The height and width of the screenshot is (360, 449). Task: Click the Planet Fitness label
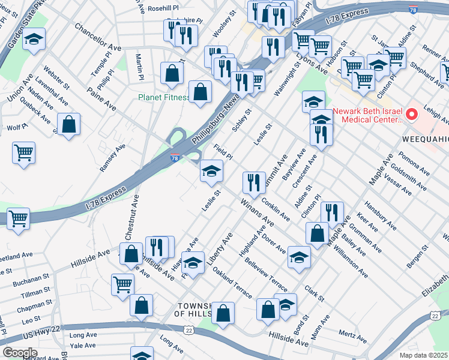[x=163, y=98]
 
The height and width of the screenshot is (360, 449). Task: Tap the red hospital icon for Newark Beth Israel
[x=411, y=113]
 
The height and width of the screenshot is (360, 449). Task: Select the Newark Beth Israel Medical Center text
[x=367, y=115]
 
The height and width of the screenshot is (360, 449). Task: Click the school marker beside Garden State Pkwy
[x=34, y=40]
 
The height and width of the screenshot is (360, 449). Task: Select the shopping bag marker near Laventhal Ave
[x=70, y=125]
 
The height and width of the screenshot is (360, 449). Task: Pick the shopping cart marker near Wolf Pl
[x=23, y=153]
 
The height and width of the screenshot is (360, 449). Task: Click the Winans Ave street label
[x=256, y=214]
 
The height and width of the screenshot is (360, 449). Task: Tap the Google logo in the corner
[x=20, y=353]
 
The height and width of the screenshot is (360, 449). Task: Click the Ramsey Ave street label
[x=112, y=157]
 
